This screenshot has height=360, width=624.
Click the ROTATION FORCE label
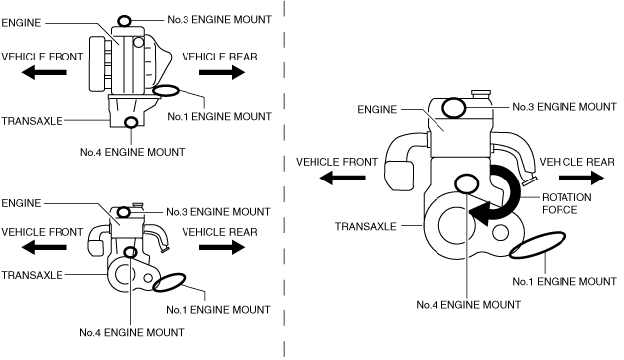point(566,203)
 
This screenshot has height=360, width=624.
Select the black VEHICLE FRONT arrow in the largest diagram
point(342,178)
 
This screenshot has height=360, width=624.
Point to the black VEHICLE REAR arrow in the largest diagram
point(581,178)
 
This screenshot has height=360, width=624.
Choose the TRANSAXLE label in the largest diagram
point(366,227)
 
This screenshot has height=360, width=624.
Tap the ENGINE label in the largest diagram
point(377,110)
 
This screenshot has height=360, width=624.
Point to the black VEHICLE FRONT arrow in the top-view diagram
point(45,72)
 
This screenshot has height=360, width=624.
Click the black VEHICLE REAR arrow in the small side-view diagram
point(222,247)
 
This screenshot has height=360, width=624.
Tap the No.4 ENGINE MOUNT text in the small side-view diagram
point(132,332)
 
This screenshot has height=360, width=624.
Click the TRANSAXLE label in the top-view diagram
point(32,121)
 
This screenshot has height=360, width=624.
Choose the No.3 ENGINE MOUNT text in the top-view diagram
point(219,20)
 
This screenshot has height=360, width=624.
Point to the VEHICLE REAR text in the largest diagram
point(577,162)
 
